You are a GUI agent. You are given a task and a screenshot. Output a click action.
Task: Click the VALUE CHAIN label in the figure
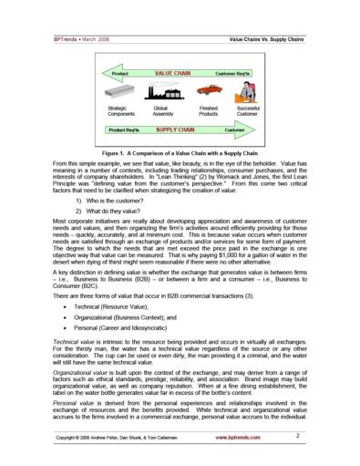click(171, 70)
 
